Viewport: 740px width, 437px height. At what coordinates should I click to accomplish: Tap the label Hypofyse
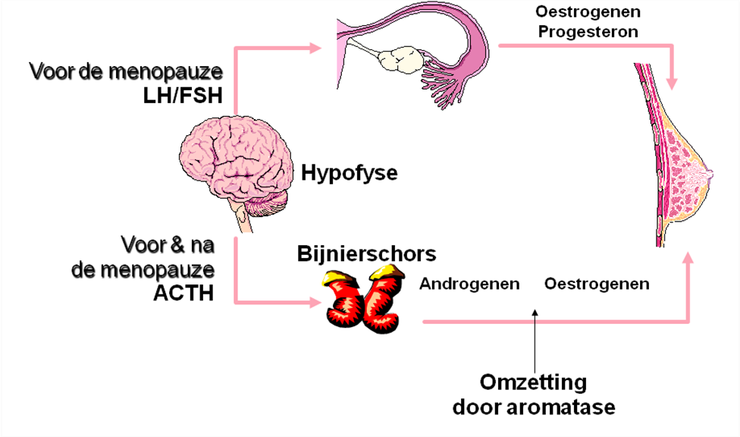click(349, 174)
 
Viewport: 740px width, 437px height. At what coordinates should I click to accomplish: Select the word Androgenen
click(469, 285)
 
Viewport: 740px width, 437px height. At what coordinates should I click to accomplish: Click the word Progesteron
click(587, 32)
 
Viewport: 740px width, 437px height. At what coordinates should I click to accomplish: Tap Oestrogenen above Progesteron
click(587, 12)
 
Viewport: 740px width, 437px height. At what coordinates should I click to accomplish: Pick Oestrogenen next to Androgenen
click(597, 285)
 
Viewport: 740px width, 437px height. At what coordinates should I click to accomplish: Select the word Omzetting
click(533, 382)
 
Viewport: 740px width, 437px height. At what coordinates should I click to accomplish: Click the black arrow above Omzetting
click(535, 334)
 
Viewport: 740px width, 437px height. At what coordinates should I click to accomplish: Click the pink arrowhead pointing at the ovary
click(316, 49)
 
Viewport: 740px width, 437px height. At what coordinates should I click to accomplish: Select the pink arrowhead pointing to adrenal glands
click(317, 303)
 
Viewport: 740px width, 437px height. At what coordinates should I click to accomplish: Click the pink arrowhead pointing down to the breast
click(671, 79)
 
